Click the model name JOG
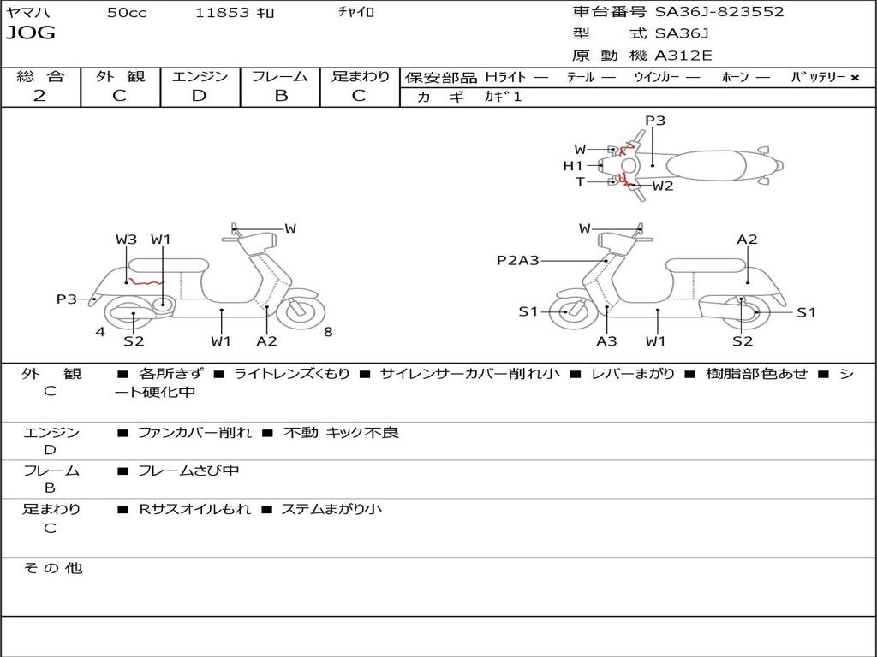[31, 33]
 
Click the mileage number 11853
[222, 12]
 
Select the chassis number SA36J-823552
[719, 12]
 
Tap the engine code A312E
[683, 56]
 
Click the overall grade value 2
[39, 96]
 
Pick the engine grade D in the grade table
[200, 96]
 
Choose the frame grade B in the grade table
[281, 96]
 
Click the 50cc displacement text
[127, 12]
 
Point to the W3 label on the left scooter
[127, 240]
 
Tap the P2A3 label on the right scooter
[518, 260]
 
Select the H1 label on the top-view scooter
[573, 166]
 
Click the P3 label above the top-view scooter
[655, 121]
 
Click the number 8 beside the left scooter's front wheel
[328, 332]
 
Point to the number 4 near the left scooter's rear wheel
[100, 332]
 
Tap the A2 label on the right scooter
[747, 240]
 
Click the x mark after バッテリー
[854, 78]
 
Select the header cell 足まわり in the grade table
[360, 76]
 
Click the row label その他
[52, 568]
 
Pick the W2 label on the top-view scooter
[663, 186]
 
